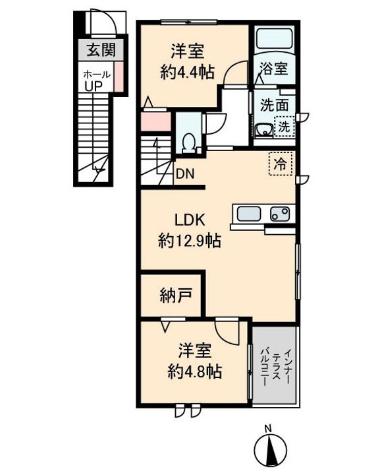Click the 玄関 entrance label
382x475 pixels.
[x=101, y=50]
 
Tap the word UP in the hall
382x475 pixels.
[x=94, y=86]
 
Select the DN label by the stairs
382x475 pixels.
[x=185, y=174]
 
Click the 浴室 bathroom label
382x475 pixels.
[x=274, y=69]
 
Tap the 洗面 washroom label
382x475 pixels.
[x=274, y=105]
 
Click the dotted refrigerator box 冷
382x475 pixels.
[x=281, y=164]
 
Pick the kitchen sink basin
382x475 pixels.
[x=249, y=214]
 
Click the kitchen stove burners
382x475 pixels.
[x=280, y=214]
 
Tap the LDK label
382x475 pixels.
[x=190, y=220]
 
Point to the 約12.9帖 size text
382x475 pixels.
[x=190, y=241]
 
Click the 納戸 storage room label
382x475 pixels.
[x=176, y=296]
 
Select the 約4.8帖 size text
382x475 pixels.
[x=195, y=371]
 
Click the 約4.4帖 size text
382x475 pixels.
[x=188, y=73]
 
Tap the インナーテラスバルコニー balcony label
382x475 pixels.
[x=275, y=367]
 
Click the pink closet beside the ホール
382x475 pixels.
[x=119, y=77]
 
